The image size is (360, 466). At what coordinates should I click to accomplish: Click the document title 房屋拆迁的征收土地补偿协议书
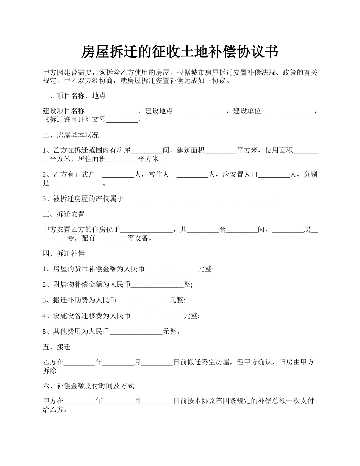point(180,52)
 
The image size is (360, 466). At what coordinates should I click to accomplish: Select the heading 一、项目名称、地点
point(74,96)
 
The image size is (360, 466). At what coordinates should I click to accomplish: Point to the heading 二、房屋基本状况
point(71,135)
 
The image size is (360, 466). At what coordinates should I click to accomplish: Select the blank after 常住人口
point(193,175)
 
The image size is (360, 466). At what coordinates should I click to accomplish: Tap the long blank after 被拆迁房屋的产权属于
point(198,199)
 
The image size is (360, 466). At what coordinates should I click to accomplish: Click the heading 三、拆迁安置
point(64,214)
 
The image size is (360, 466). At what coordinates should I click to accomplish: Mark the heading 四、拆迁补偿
point(64,253)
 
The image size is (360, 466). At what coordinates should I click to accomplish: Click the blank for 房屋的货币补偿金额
point(171,269)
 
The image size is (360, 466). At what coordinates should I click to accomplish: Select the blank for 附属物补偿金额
point(157,285)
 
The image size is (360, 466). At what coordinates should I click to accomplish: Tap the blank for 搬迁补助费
point(143,301)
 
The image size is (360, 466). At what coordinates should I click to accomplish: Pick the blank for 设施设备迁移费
point(157,316)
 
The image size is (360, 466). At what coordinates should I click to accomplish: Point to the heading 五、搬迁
point(57,347)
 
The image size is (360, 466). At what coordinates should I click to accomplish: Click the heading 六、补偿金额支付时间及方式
point(89,386)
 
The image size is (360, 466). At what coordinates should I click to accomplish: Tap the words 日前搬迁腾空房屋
point(201,363)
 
